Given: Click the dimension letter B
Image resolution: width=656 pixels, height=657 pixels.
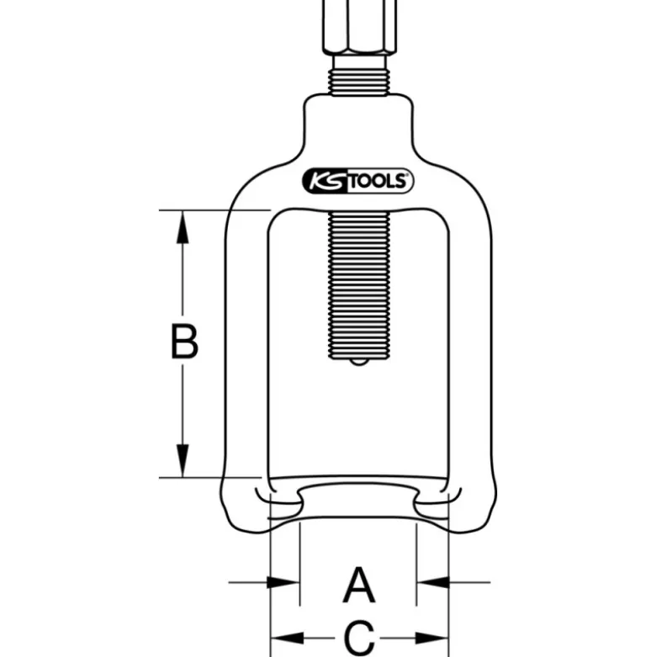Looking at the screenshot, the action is click(x=184, y=341).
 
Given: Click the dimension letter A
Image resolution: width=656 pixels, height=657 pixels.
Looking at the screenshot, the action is click(x=358, y=585).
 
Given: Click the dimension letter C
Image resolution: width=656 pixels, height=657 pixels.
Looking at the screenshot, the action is click(x=359, y=638).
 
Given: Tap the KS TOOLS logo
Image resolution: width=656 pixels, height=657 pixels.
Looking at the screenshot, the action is click(x=357, y=181).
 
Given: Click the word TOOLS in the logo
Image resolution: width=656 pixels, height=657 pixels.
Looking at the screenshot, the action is click(x=378, y=182).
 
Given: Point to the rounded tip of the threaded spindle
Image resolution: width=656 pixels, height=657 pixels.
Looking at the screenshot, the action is click(x=358, y=362).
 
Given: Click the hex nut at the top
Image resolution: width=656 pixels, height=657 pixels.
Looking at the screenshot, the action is click(x=358, y=26).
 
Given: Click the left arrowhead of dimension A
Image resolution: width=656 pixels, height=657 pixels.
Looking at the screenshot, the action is click(x=283, y=582).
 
